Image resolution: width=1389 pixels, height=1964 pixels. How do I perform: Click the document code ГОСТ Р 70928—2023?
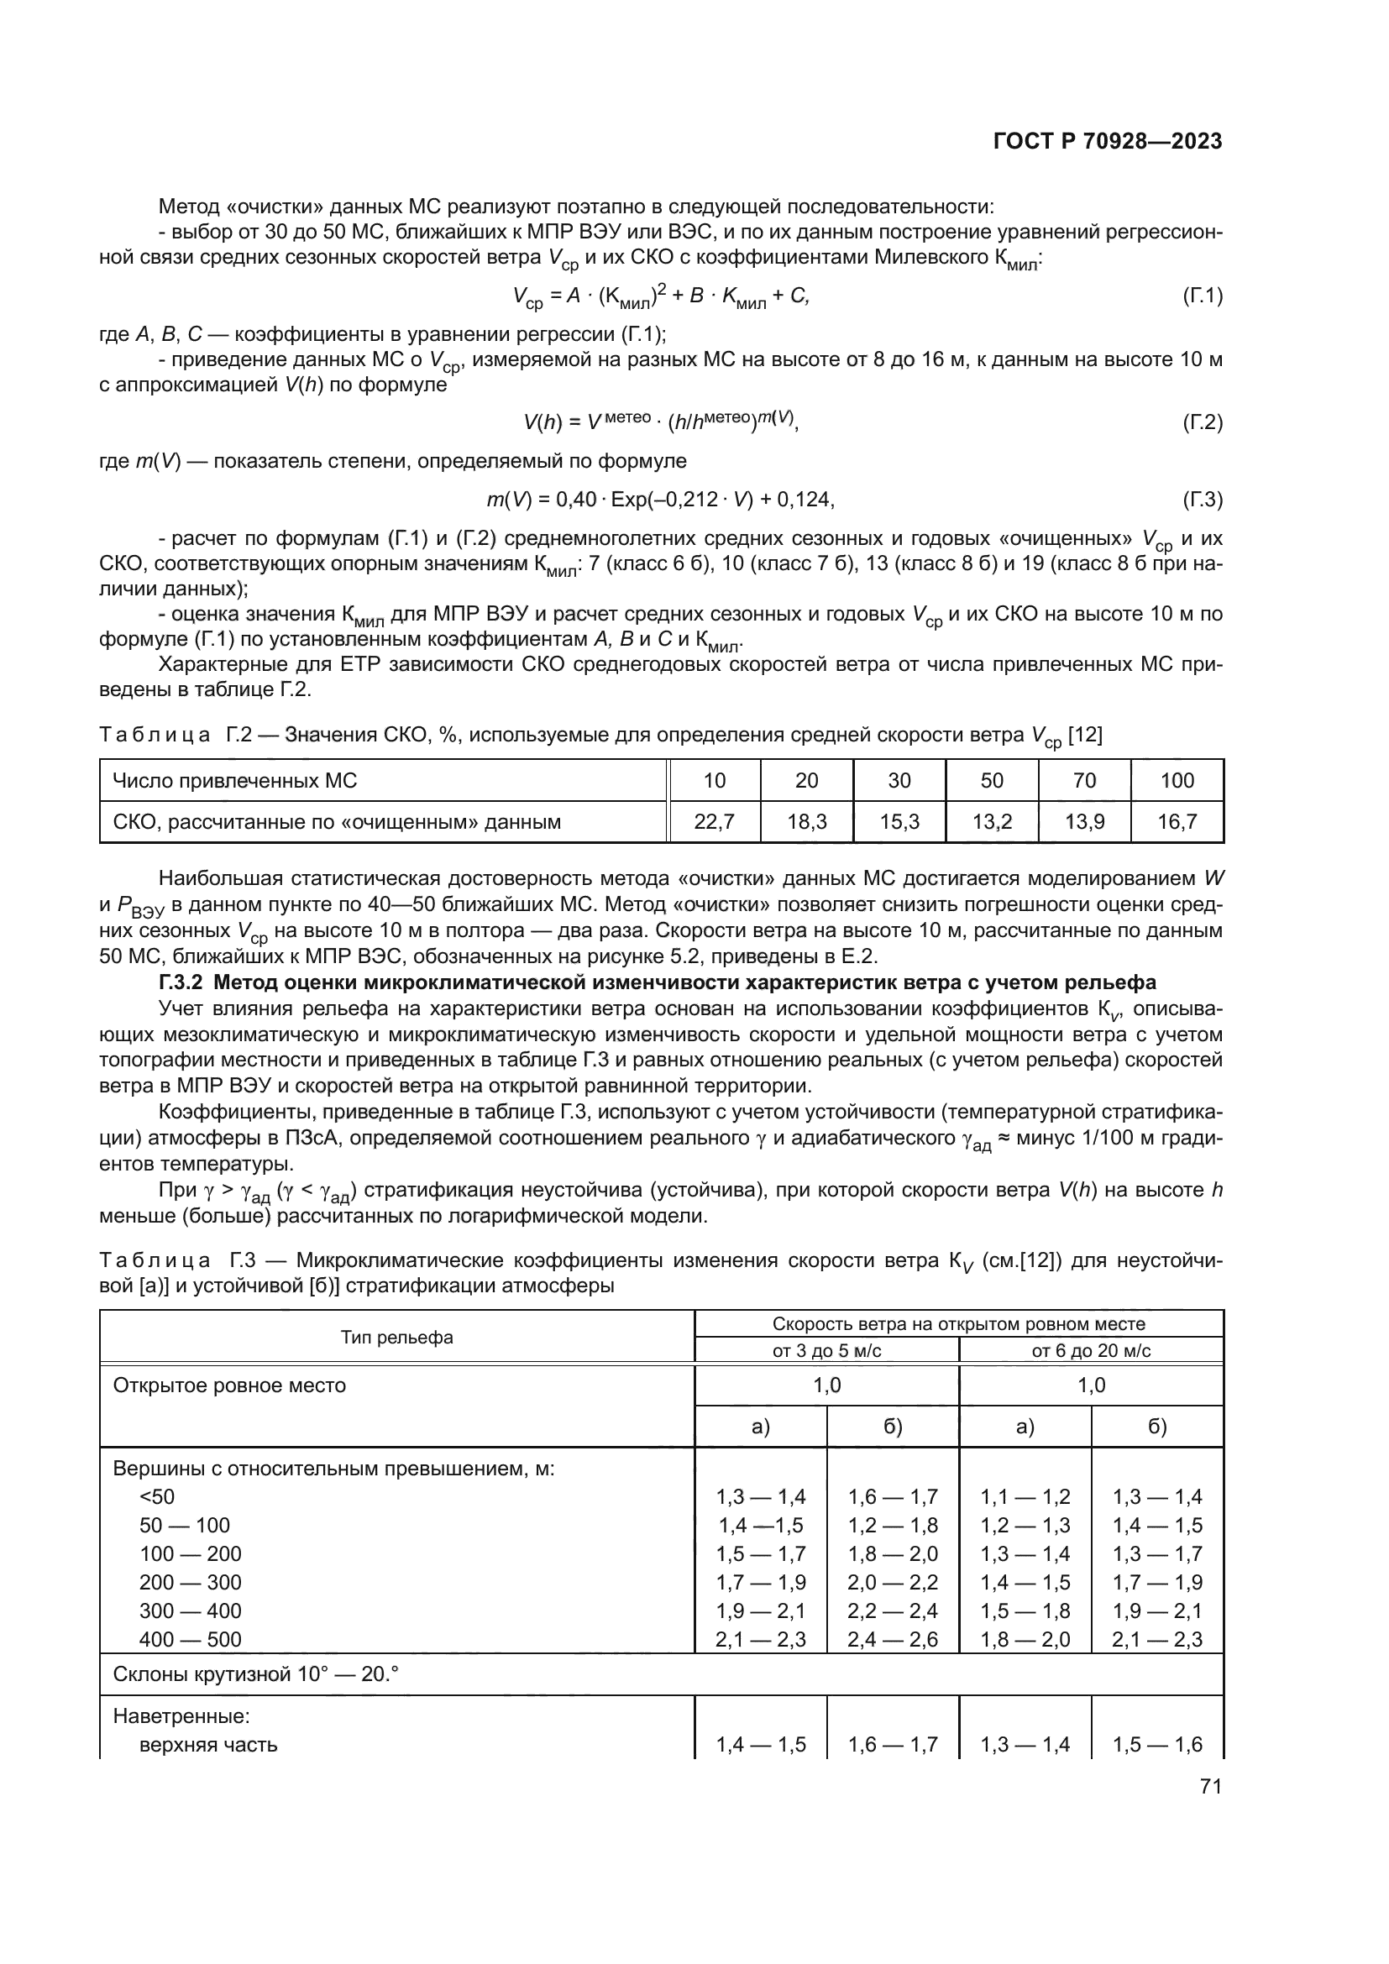pos(1107,141)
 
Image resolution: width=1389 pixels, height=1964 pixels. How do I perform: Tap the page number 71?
pos(1210,1786)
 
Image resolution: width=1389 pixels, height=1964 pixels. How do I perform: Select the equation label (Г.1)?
pos(1202,296)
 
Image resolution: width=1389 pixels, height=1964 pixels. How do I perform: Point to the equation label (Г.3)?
pos(1202,500)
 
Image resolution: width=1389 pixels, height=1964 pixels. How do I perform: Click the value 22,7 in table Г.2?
pos(714,822)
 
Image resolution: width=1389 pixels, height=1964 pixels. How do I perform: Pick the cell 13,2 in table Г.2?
pos(991,822)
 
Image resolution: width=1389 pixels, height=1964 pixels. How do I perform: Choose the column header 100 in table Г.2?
pos(1177,780)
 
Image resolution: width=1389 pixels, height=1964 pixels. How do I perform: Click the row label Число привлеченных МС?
pos(235,780)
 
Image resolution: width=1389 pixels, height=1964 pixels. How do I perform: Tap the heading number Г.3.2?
pos(183,982)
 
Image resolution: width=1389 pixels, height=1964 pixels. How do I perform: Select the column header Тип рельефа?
pos(397,1337)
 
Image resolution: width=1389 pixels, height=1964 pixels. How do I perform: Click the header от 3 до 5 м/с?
pos(826,1351)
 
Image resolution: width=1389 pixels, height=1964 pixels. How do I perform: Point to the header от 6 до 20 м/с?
pos(1091,1351)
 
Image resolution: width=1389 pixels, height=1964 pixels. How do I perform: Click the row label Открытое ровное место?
pos(229,1385)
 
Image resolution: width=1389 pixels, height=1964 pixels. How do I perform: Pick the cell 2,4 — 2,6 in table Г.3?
pos(892,1639)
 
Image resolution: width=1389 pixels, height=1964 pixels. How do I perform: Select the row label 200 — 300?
pos(190,1582)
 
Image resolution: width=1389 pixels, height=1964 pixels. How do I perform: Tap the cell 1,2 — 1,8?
pos(892,1525)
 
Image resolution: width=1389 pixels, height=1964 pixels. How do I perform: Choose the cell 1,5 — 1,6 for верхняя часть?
pos(1156,1744)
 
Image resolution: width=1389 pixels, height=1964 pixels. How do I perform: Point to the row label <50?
pos(156,1497)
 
